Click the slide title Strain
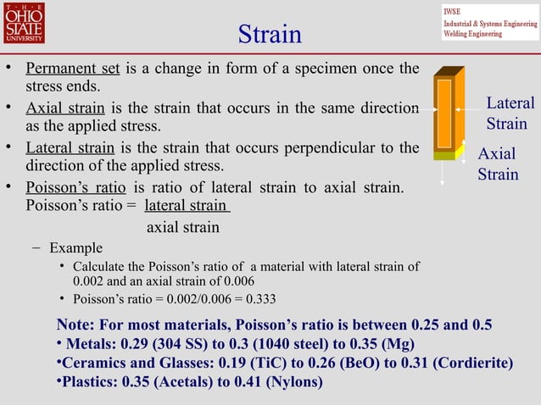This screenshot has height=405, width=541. pyautogui.click(x=270, y=35)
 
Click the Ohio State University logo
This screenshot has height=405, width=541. pyautogui.click(x=23, y=24)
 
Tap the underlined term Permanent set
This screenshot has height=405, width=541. pyautogui.click(x=72, y=69)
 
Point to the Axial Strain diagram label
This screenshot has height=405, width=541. pyautogui.click(x=498, y=164)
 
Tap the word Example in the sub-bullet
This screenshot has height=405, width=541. pyautogui.click(x=75, y=248)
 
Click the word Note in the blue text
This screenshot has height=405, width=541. pyautogui.click(x=74, y=325)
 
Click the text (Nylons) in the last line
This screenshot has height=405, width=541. pyautogui.click(x=294, y=382)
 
